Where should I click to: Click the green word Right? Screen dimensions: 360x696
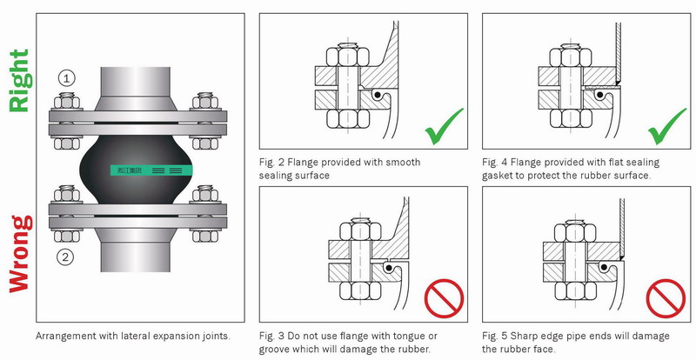18,82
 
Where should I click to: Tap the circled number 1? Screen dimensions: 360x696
67,77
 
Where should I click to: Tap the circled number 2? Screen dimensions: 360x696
67,257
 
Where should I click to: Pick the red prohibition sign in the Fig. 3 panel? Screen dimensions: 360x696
445,300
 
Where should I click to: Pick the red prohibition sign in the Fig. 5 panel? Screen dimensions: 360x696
667,300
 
